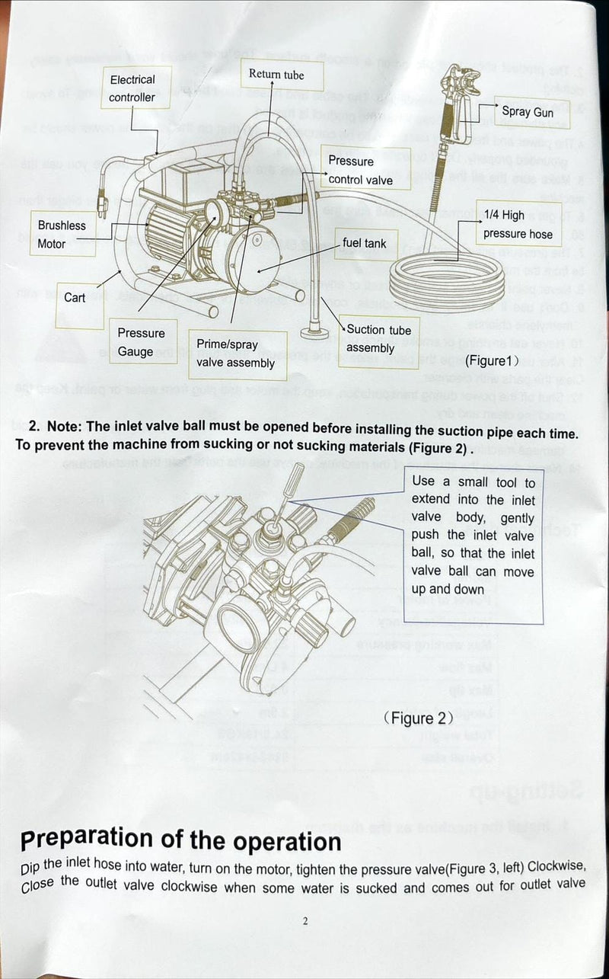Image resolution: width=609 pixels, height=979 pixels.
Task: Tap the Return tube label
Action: point(276,75)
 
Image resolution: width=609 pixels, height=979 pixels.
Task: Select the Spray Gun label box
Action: point(528,112)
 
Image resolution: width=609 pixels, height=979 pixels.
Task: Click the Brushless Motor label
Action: point(62,235)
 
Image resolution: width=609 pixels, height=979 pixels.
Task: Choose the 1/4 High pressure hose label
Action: point(517,225)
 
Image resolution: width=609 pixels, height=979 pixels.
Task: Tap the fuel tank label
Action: point(365,243)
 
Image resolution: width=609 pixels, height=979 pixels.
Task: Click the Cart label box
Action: point(75,298)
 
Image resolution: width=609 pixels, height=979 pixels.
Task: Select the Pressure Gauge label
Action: point(141,342)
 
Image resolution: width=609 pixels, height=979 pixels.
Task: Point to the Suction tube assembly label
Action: point(378,338)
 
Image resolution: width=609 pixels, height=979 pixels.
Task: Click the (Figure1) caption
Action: point(492,360)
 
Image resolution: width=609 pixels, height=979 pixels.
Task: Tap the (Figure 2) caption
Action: point(419,718)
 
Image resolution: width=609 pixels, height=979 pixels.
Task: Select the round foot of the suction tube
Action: point(313,333)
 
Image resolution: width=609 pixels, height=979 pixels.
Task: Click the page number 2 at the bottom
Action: point(304,921)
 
